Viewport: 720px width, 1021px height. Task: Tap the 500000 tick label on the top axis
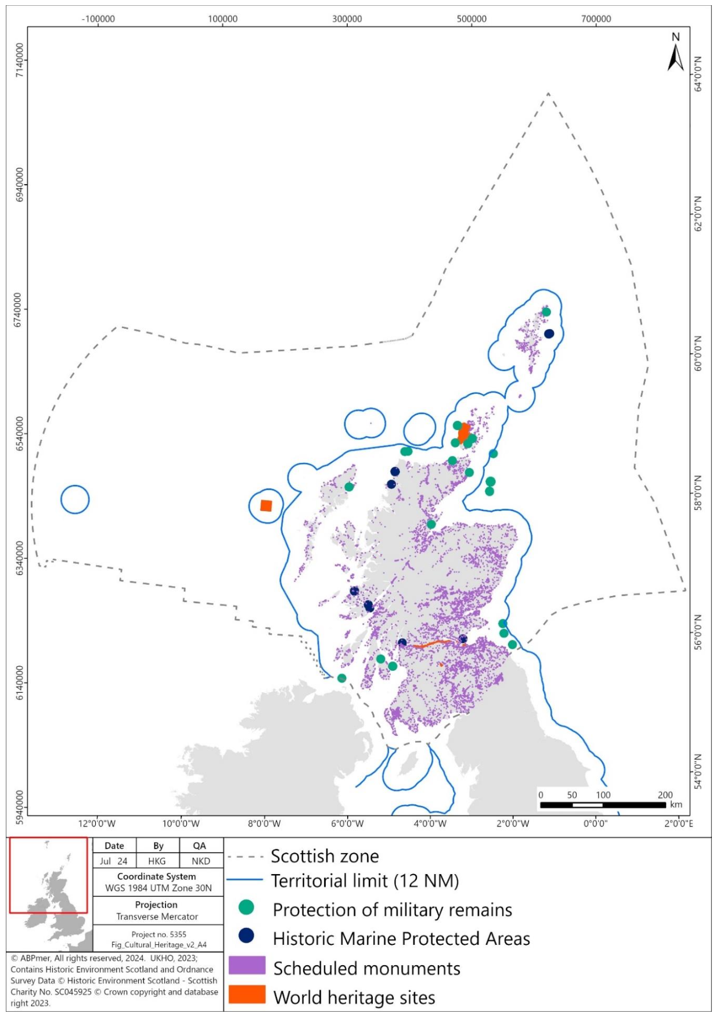pyautogui.click(x=471, y=19)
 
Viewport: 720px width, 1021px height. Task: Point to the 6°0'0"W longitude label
pyautogui.click(x=347, y=824)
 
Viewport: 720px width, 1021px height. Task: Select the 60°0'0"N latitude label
pyautogui.click(x=698, y=353)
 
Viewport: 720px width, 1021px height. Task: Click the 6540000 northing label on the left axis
pyautogui.click(x=20, y=433)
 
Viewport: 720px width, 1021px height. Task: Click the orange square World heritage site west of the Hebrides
pyautogui.click(x=266, y=506)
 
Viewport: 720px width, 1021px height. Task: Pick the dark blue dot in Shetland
pyautogui.click(x=549, y=333)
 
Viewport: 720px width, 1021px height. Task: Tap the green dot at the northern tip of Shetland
pyautogui.click(x=546, y=312)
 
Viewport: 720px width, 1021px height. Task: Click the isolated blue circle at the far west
pyautogui.click(x=75, y=499)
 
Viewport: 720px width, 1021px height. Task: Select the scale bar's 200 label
pyautogui.click(x=665, y=795)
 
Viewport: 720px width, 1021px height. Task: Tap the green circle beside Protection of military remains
pyautogui.click(x=246, y=907)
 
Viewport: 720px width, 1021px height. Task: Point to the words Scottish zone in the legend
pyautogui.click(x=325, y=856)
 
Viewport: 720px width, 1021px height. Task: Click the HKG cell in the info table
pyautogui.click(x=157, y=861)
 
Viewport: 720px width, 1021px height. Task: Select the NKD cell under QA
pyautogui.click(x=200, y=861)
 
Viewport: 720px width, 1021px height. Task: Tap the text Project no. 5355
pyautogui.click(x=159, y=934)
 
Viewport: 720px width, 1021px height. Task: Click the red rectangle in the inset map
pyautogui.click(x=49, y=875)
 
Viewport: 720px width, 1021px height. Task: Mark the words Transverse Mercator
pyautogui.click(x=157, y=916)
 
